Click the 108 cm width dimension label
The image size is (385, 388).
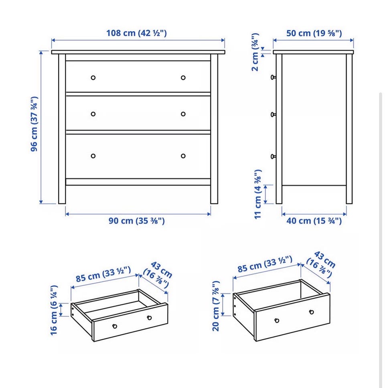click(x=136, y=33)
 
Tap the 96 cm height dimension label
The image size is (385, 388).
click(x=34, y=124)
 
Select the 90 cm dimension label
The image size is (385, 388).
click(x=136, y=220)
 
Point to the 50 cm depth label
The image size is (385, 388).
click(x=314, y=33)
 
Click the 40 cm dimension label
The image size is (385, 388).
click(x=314, y=220)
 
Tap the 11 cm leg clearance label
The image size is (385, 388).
click(x=258, y=194)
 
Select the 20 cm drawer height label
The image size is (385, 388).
click(x=216, y=306)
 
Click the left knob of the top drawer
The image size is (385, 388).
click(x=93, y=78)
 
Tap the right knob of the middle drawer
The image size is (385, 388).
click(x=183, y=114)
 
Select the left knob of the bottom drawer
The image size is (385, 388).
click(x=93, y=156)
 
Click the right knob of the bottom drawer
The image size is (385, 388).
click(x=183, y=156)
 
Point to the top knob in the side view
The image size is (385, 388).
click(x=273, y=77)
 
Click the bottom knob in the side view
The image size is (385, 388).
click(x=273, y=156)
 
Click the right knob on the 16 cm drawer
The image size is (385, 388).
click(x=149, y=318)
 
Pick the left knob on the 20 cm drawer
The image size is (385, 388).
click(x=277, y=321)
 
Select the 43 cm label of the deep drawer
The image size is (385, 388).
click(x=321, y=264)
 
